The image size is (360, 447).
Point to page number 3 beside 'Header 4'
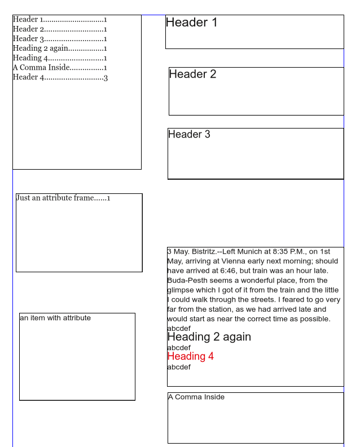pyautogui.click(x=106, y=77)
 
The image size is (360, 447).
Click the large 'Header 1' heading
pyautogui.click(x=191, y=23)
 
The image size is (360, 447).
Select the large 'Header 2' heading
pyautogui.click(x=192, y=74)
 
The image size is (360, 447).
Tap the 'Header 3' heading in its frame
pyautogui.click(x=189, y=134)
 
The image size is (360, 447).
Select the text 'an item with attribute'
pyautogui.click(x=55, y=318)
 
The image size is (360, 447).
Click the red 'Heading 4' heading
pyautogui.click(x=190, y=356)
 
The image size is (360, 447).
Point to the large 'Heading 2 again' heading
pyautogui.click(x=209, y=337)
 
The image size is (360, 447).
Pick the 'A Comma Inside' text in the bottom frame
pyautogui.click(x=196, y=397)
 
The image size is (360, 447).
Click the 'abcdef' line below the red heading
pyautogui.click(x=179, y=367)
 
